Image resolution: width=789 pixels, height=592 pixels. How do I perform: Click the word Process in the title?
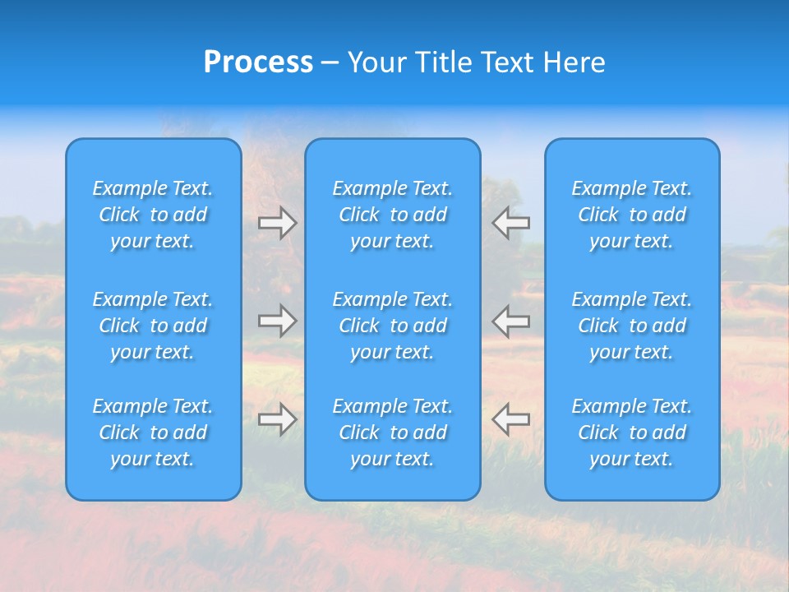[258, 62]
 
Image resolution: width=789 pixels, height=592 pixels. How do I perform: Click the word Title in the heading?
[444, 62]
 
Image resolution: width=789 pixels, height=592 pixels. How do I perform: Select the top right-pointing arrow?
[278, 223]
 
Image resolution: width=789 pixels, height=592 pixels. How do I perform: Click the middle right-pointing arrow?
[278, 321]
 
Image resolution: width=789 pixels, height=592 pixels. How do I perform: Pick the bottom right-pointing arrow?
[278, 419]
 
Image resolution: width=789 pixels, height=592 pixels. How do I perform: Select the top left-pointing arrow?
[510, 222]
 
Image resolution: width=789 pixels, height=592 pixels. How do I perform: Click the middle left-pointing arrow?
[510, 321]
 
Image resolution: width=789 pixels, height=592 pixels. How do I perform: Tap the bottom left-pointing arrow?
[510, 419]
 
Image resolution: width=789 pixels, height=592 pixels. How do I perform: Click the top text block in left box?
[153, 215]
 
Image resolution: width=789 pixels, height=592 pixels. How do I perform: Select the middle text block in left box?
[153, 326]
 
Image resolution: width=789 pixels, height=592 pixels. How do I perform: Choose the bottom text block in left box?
[153, 432]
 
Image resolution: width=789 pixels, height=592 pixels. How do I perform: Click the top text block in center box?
[392, 215]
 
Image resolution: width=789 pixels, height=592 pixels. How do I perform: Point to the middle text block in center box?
[392, 326]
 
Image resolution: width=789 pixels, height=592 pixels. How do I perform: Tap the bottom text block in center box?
[392, 432]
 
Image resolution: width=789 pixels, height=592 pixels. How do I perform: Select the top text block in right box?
[631, 215]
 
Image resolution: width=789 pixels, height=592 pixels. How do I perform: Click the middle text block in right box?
[631, 326]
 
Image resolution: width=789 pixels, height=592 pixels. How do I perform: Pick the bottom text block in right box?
[631, 432]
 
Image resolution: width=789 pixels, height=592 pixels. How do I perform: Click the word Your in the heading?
[379, 62]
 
